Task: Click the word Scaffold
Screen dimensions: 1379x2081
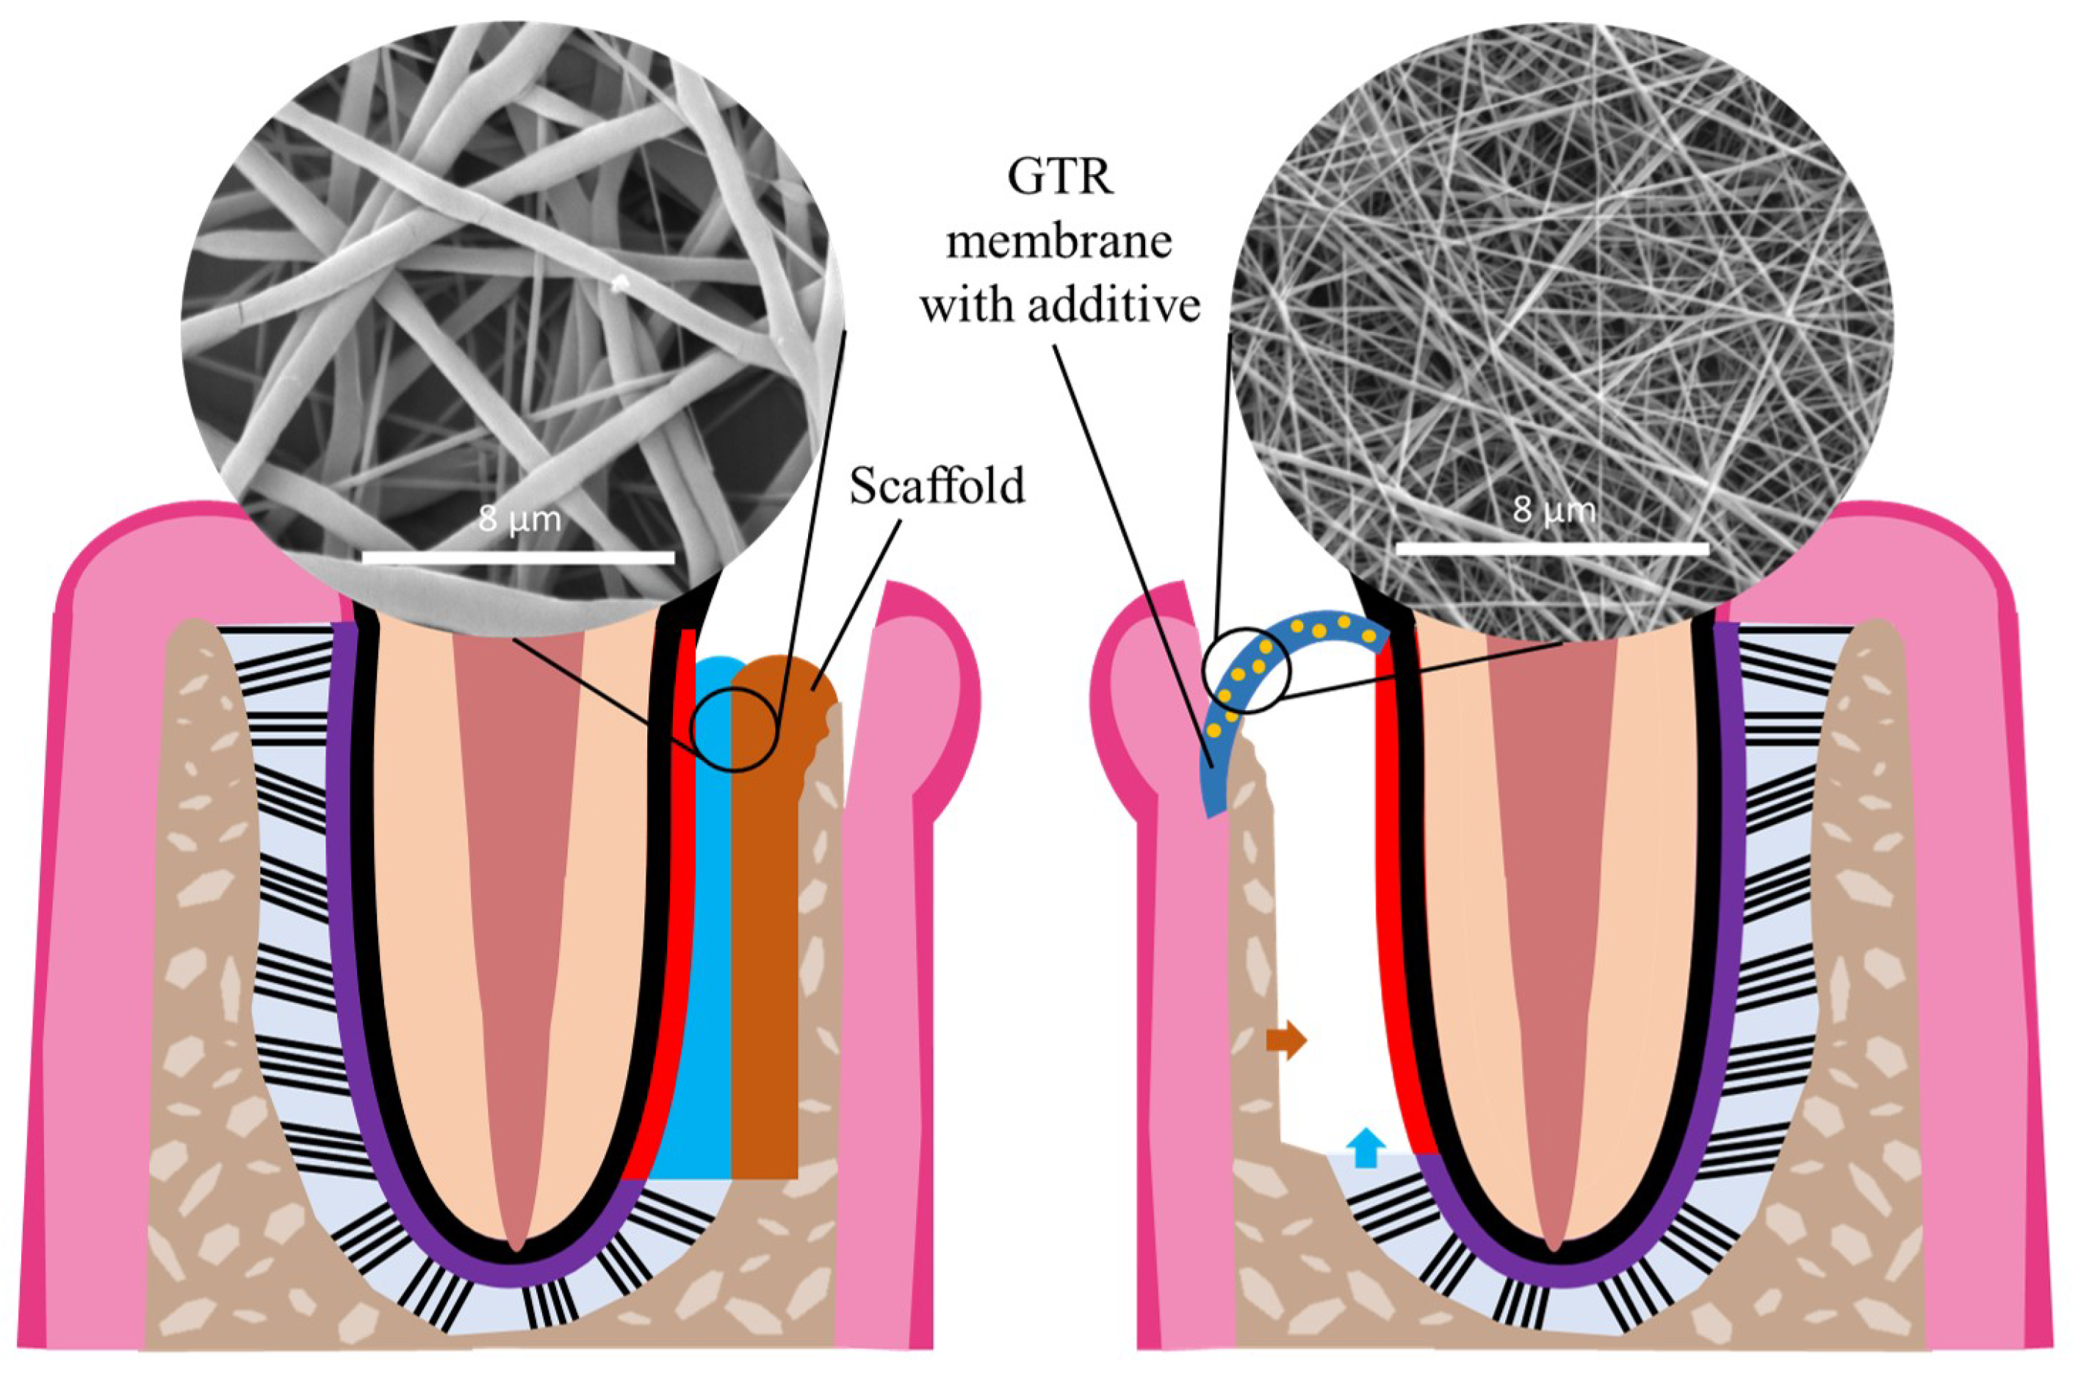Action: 937,486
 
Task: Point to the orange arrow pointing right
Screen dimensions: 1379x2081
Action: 1286,1040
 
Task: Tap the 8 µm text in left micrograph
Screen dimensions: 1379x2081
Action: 519,520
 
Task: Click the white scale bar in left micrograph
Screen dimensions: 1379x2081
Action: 518,557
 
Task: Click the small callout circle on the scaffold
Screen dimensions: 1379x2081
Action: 735,729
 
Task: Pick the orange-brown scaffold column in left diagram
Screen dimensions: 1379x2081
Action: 765,967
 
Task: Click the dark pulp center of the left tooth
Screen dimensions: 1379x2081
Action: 519,880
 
